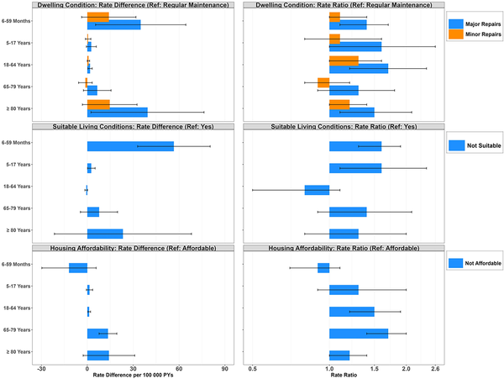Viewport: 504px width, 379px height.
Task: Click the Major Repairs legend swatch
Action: [457, 24]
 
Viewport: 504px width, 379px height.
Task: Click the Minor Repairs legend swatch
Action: [457, 34]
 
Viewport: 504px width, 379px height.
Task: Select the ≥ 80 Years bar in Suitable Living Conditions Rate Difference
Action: [105, 233]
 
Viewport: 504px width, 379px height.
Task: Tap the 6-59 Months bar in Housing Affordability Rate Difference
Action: [78, 268]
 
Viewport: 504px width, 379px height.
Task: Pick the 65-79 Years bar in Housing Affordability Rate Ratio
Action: [359, 333]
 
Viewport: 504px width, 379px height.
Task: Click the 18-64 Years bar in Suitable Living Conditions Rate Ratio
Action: [317, 189]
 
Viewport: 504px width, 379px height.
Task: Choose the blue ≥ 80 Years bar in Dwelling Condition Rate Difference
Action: [117, 113]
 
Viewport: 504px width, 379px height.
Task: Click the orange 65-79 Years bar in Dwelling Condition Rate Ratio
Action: [323, 82]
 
